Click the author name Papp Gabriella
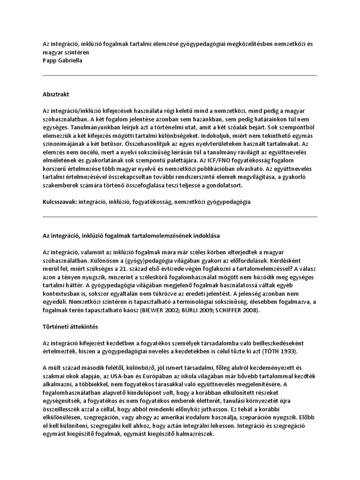pyautogui.click(x=62, y=60)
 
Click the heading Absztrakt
pyautogui.click(x=56, y=94)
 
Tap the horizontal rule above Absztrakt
pyautogui.click(x=180, y=76)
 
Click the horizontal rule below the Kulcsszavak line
pyautogui.click(x=180, y=217)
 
